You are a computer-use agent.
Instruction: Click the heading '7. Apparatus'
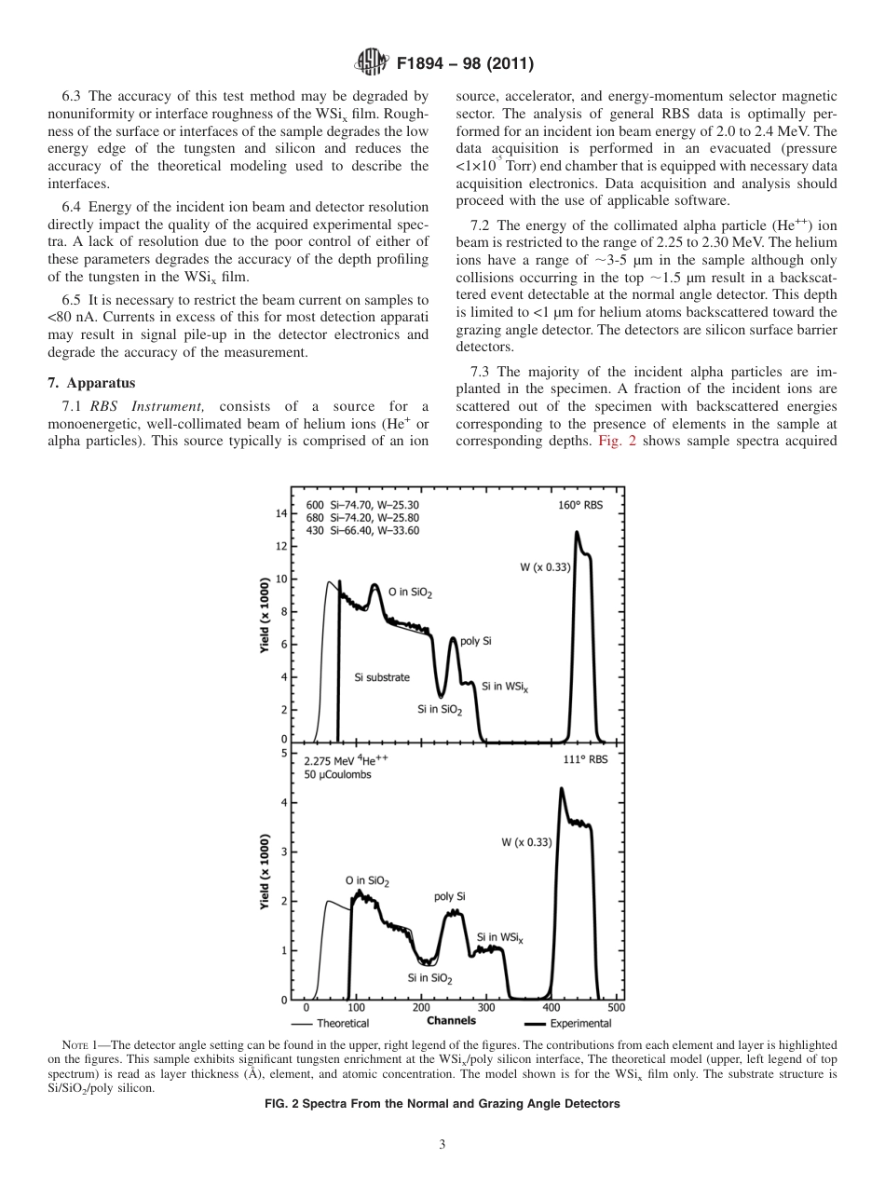click(91, 383)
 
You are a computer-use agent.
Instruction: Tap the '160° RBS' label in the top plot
click(581, 504)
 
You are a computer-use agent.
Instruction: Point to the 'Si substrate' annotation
click(382, 677)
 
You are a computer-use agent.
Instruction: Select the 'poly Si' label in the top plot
click(476, 642)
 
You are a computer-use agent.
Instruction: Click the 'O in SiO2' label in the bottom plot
click(367, 880)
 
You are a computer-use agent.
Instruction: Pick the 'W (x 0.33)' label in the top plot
click(544, 567)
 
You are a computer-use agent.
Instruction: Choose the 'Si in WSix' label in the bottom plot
click(500, 937)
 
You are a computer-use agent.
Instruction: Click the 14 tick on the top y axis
click(281, 513)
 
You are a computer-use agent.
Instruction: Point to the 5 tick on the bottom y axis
click(283, 753)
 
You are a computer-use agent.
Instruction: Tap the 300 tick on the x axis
click(485, 1007)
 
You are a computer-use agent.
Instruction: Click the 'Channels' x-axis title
click(451, 1021)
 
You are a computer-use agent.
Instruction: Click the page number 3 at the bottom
click(442, 1144)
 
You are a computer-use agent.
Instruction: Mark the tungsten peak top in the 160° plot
click(577, 533)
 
